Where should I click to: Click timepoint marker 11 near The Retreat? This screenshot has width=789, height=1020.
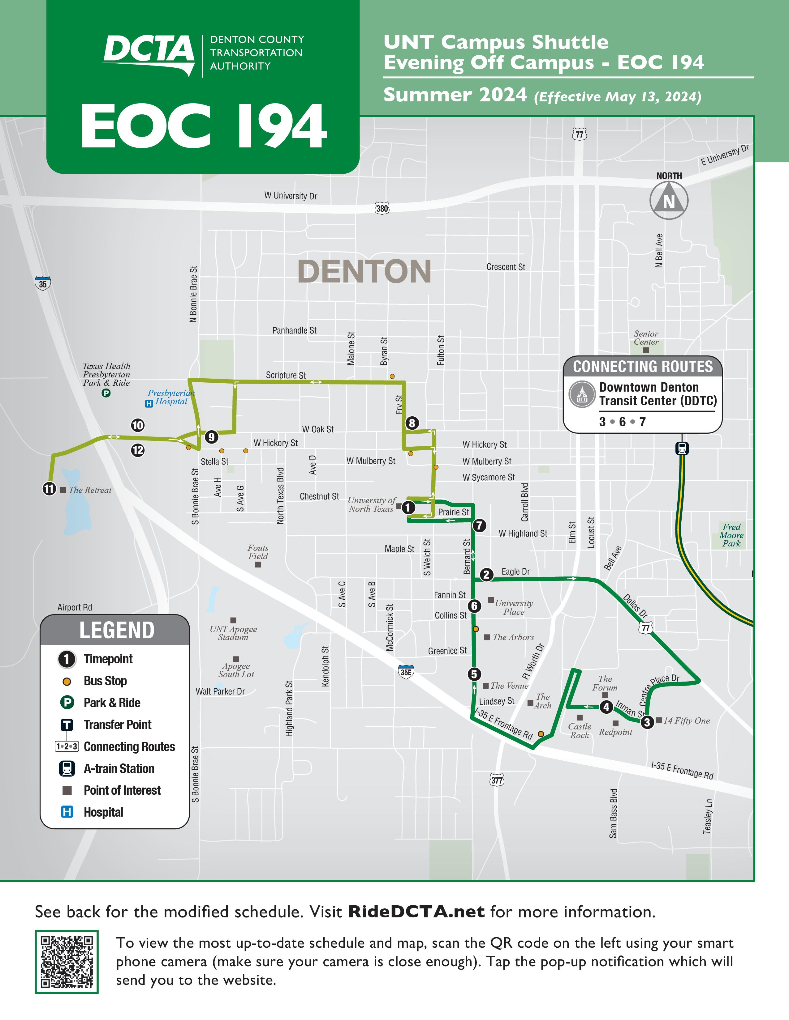click(49, 489)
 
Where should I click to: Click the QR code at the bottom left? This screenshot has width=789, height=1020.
click(67, 962)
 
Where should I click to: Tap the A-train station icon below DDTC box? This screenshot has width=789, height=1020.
click(682, 448)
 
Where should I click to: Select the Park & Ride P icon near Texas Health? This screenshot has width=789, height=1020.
click(106, 393)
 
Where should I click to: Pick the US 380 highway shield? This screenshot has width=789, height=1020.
click(382, 208)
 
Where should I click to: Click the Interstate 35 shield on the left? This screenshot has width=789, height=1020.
click(42, 283)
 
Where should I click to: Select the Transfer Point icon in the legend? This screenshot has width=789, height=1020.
click(67, 725)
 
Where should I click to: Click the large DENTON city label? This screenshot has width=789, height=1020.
click(364, 271)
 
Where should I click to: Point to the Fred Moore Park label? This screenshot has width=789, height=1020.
click(731, 535)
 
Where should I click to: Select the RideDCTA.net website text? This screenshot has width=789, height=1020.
click(416, 912)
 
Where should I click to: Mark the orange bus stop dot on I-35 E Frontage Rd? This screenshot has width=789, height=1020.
click(541, 734)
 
